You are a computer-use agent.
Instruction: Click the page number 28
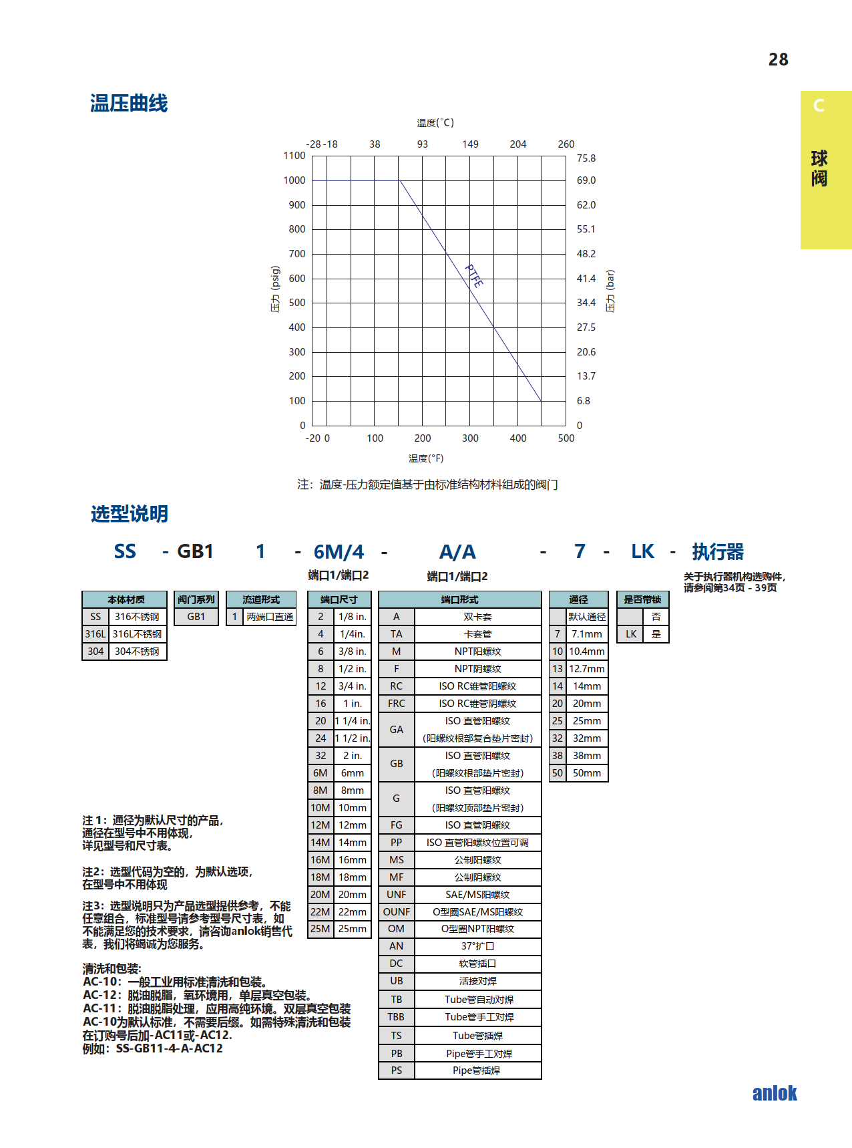778,60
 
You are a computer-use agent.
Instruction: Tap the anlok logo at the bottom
774,1093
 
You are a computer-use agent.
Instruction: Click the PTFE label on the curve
474,276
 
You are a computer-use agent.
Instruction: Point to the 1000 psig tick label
294,180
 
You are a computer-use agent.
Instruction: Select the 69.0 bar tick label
586,180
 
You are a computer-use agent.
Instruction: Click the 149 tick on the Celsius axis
470,144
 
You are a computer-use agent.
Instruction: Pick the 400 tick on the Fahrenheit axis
517,438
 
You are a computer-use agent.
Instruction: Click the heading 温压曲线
129,104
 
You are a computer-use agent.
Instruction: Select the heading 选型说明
130,514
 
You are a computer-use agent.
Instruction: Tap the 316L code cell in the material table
95,634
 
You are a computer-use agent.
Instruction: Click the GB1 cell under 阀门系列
196,617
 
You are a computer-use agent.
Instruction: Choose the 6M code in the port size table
321,773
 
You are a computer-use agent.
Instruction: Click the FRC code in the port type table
396,704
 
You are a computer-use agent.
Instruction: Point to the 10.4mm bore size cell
586,652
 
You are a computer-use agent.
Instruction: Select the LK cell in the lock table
631,634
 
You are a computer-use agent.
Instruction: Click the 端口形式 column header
459,599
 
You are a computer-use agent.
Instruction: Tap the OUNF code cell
396,912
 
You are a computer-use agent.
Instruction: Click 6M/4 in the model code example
339,552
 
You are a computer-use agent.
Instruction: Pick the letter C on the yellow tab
819,106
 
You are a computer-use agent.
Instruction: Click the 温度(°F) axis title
426,458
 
